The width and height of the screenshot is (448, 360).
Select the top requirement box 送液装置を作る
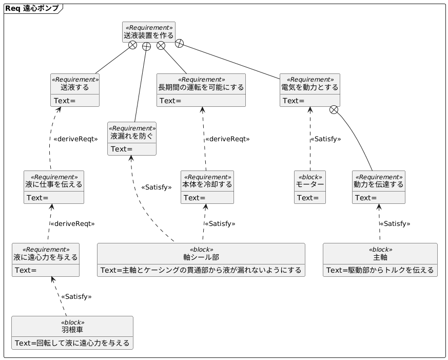[149, 32]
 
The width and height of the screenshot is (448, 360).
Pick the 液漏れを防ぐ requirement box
[132, 139]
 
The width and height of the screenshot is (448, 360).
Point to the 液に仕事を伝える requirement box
[54, 187]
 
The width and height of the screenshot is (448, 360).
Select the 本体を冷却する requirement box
[207, 187]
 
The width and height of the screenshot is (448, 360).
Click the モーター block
[310, 187]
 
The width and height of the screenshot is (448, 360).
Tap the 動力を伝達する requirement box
[379, 187]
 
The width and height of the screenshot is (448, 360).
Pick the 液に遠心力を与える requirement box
[46, 260]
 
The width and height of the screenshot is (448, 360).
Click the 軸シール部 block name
[201, 257]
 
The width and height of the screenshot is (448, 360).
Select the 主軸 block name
[380, 257]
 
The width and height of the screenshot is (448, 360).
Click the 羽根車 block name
[72, 330]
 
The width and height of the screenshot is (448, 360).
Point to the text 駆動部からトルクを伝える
[385, 270]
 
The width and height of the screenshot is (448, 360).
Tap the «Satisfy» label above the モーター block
[325, 139]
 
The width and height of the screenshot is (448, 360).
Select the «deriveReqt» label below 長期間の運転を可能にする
[227, 139]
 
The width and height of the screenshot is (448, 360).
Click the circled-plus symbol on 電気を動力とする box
[334, 109]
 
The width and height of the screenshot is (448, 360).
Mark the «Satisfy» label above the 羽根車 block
[76, 296]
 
